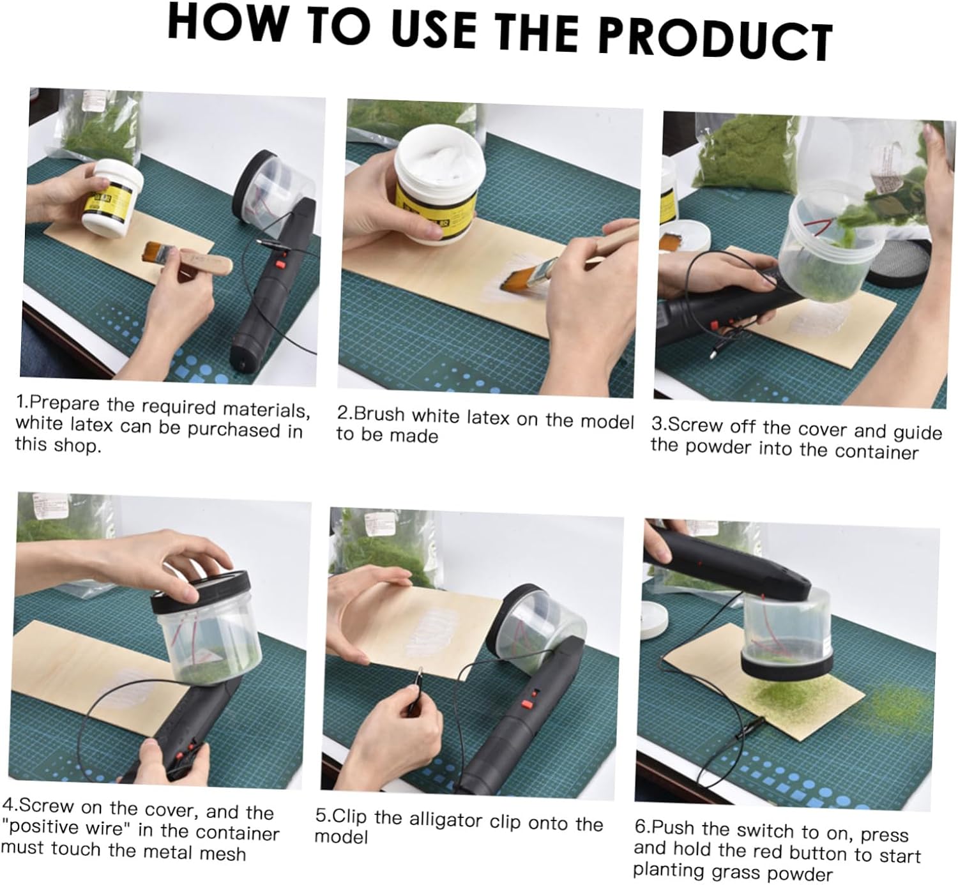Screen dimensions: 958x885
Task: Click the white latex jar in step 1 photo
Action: point(112,197)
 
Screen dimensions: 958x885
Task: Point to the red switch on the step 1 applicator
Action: point(279,264)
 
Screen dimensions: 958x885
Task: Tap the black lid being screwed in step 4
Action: point(200,591)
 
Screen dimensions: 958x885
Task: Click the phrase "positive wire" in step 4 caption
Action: point(66,826)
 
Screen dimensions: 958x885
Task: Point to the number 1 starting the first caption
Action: point(20,401)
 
